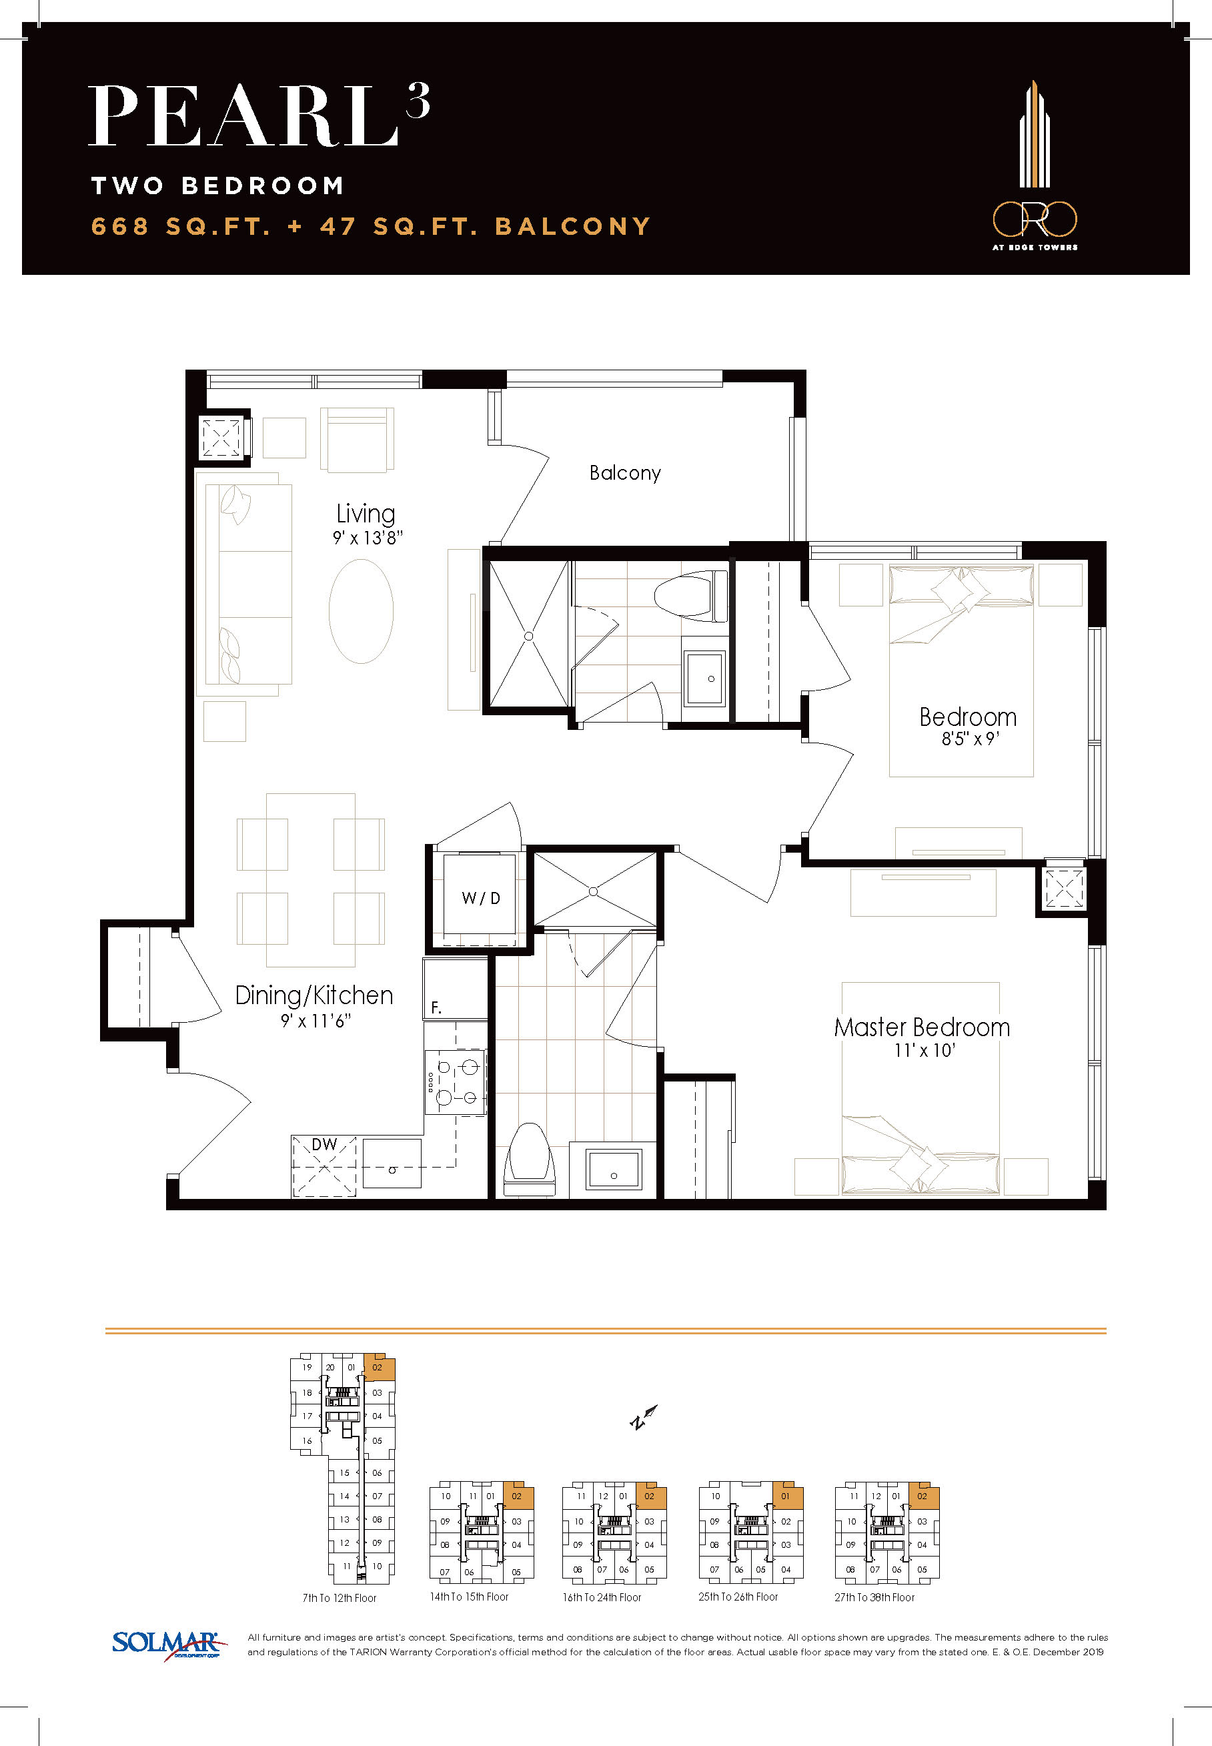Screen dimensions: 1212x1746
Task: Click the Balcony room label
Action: point(625,473)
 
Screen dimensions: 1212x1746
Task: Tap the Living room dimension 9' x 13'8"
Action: point(368,538)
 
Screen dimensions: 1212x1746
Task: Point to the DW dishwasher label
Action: point(324,1144)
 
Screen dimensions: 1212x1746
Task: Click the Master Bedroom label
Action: point(922,1027)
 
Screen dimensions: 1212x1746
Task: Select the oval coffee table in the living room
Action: point(362,611)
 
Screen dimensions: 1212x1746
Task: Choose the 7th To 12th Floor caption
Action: point(340,1598)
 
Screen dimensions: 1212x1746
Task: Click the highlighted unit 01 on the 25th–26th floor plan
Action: point(786,1496)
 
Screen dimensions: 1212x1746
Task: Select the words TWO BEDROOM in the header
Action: point(217,186)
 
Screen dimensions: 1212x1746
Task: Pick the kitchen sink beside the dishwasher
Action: point(392,1163)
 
